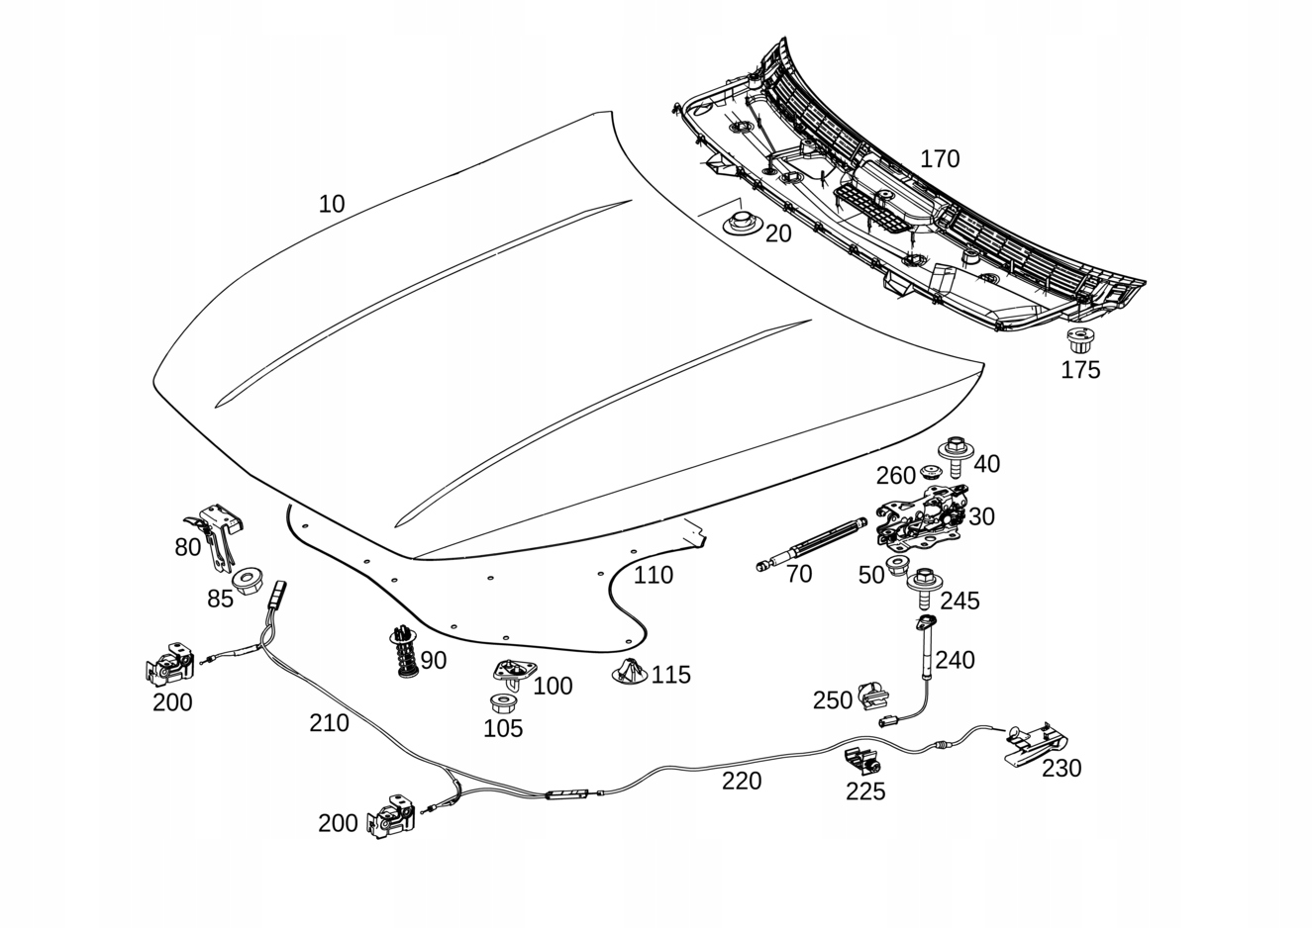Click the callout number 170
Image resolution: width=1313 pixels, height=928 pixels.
[940, 159]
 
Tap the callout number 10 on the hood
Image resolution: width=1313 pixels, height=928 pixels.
[332, 205]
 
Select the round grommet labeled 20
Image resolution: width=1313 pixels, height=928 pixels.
[742, 223]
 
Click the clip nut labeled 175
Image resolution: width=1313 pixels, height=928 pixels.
[1080, 341]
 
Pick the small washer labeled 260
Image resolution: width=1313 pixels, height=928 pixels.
[930, 471]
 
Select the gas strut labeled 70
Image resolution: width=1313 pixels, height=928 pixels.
[812, 544]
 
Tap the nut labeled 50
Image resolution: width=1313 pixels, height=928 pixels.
[897, 567]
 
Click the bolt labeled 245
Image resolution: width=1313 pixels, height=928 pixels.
[925, 589]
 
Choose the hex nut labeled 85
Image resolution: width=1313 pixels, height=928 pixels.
[248, 579]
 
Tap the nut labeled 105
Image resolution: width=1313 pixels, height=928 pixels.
[503, 703]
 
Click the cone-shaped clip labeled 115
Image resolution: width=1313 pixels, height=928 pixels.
[630, 672]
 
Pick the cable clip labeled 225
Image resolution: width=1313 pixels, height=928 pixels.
[862, 761]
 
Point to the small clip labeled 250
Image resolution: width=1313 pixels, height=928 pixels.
[873, 696]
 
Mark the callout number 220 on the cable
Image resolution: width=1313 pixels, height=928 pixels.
[742, 781]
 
